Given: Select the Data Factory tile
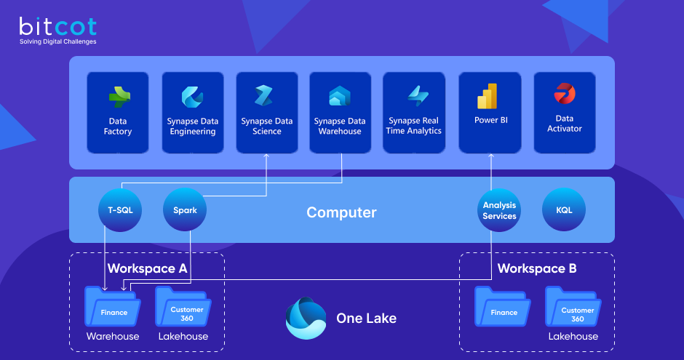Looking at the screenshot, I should [118, 112].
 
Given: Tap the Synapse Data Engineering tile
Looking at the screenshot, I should [193, 112].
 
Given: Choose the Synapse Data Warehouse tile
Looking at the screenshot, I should [340, 112].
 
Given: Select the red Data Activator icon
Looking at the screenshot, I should [564, 94].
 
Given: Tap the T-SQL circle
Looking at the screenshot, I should [120, 210].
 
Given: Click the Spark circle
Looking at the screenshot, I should [185, 210].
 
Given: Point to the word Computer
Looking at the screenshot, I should [341, 212].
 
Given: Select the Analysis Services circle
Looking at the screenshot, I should [499, 210].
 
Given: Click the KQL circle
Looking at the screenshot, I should [564, 210].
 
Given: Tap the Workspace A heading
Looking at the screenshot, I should [147, 268].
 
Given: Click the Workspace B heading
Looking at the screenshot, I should [537, 268].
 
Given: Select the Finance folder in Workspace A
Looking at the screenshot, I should [114, 308].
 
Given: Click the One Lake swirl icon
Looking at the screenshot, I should [306, 318].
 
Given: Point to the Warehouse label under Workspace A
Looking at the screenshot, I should [113, 336].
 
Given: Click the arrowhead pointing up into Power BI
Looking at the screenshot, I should [491, 156].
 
